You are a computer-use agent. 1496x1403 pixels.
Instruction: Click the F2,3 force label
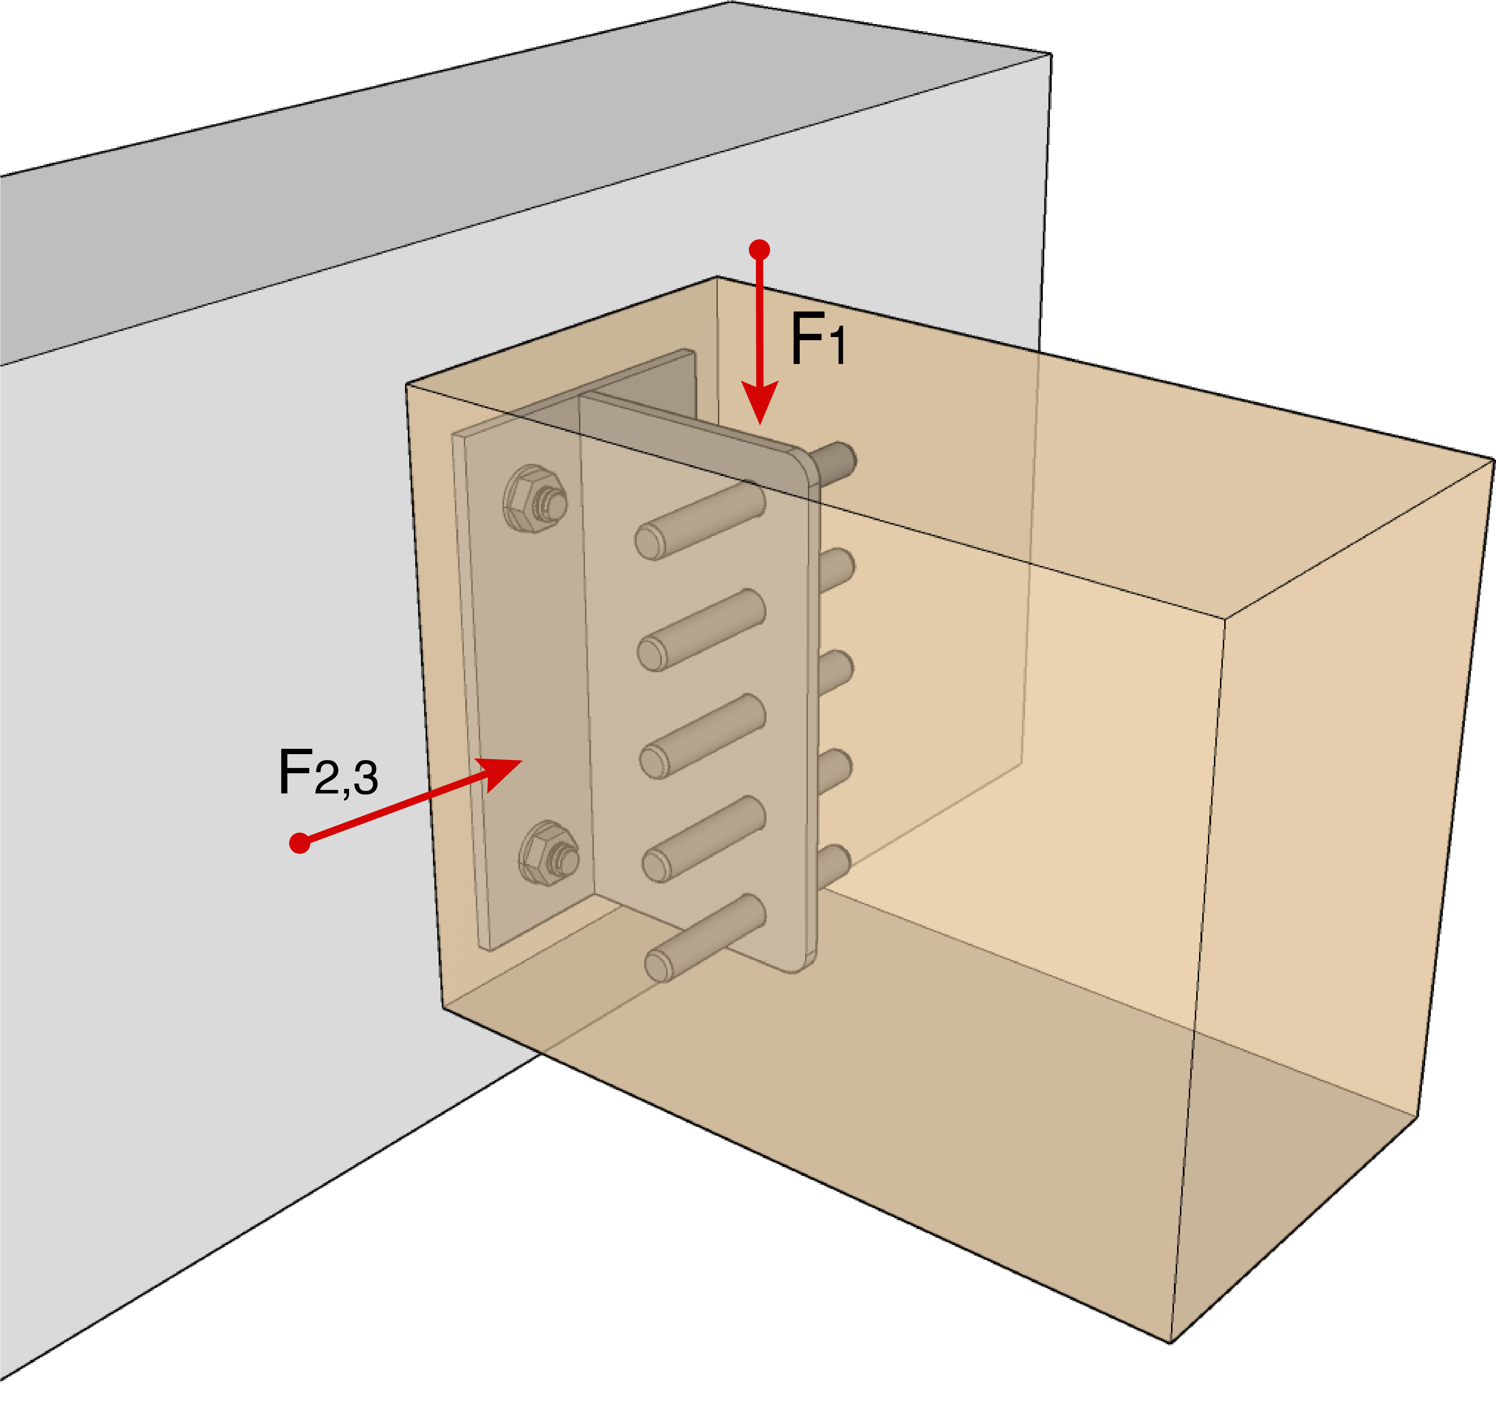327,773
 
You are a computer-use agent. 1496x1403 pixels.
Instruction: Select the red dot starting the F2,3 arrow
299,843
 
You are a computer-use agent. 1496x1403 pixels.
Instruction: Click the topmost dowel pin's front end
650,542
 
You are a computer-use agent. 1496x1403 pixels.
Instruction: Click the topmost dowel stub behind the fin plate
837,461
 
